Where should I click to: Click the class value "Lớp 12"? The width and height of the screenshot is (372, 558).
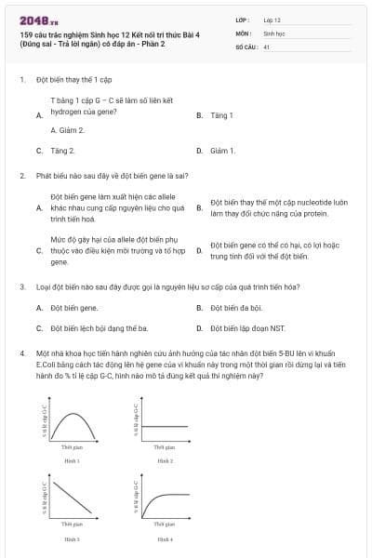[272, 19]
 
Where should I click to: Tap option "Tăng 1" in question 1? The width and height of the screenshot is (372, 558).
[220, 115]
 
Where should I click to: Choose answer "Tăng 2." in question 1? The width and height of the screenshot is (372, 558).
[62, 150]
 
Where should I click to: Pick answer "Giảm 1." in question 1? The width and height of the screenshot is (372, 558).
[222, 150]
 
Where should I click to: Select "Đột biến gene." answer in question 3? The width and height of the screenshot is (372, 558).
[74, 307]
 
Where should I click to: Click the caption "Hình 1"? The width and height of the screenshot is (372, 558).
[72, 459]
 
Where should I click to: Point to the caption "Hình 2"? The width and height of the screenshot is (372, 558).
[165, 459]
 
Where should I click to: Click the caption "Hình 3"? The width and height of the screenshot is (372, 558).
[72, 538]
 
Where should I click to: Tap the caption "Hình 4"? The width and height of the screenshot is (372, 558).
[165, 538]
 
